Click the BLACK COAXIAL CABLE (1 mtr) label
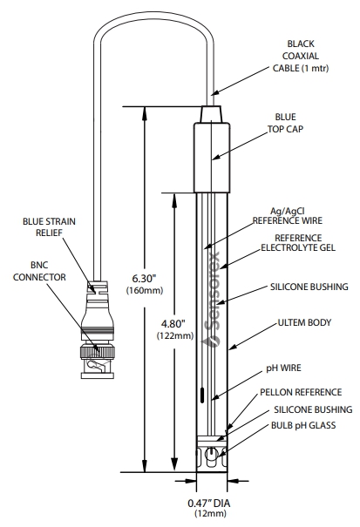[301, 56]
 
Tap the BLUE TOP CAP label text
[285, 123]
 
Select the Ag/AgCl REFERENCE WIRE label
[288, 216]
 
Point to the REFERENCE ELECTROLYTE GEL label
[298, 243]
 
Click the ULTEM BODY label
[304, 322]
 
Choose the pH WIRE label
[283, 368]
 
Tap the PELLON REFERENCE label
[301, 392]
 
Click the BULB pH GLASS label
[303, 425]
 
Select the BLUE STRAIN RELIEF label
[49, 227]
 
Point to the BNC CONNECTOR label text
[39, 271]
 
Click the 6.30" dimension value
[145, 278]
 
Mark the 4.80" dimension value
[173, 324]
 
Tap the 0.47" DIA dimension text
[209, 503]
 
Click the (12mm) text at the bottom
[210, 514]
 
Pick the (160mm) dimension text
[145, 290]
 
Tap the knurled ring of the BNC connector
[98, 352]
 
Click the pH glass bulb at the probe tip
[212, 456]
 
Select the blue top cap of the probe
[212, 158]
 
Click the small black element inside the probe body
[202, 395]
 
